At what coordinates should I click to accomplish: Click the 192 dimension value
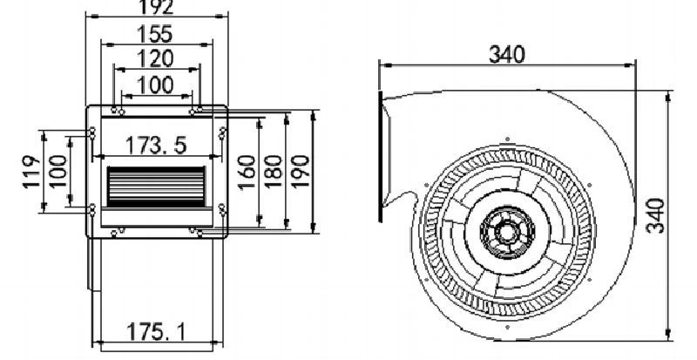pyautogui.click(x=156, y=7)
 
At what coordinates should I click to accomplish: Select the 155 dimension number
pyautogui.click(x=155, y=34)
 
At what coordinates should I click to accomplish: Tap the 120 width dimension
pyautogui.click(x=155, y=58)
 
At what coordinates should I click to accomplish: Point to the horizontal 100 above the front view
pyautogui.click(x=155, y=85)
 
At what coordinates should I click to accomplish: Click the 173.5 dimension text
pyautogui.click(x=156, y=146)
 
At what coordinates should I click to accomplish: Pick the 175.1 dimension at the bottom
pyautogui.click(x=156, y=331)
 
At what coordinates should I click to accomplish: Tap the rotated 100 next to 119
pyautogui.click(x=57, y=172)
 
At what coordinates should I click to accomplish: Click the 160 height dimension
pyautogui.click(x=247, y=173)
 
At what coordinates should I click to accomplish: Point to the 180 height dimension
pyautogui.click(x=274, y=173)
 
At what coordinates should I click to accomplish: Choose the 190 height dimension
pyautogui.click(x=301, y=173)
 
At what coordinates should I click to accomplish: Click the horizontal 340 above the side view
pyautogui.click(x=507, y=55)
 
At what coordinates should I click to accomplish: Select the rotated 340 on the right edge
pyautogui.click(x=656, y=216)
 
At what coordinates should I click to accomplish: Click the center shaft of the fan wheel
pyautogui.click(x=507, y=232)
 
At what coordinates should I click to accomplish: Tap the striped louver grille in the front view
pyautogui.click(x=156, y=187)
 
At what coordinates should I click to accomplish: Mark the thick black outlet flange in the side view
pyautogui.click(x=381, y=156)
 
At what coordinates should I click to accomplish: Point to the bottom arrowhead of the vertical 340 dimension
pyautogui.click(x=668, y=334)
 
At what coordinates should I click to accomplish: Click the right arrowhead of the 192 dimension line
pyautogui.click(x=222, y=17)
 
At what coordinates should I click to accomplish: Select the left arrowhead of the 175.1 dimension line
pyautogui.click(x=98, y=343)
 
